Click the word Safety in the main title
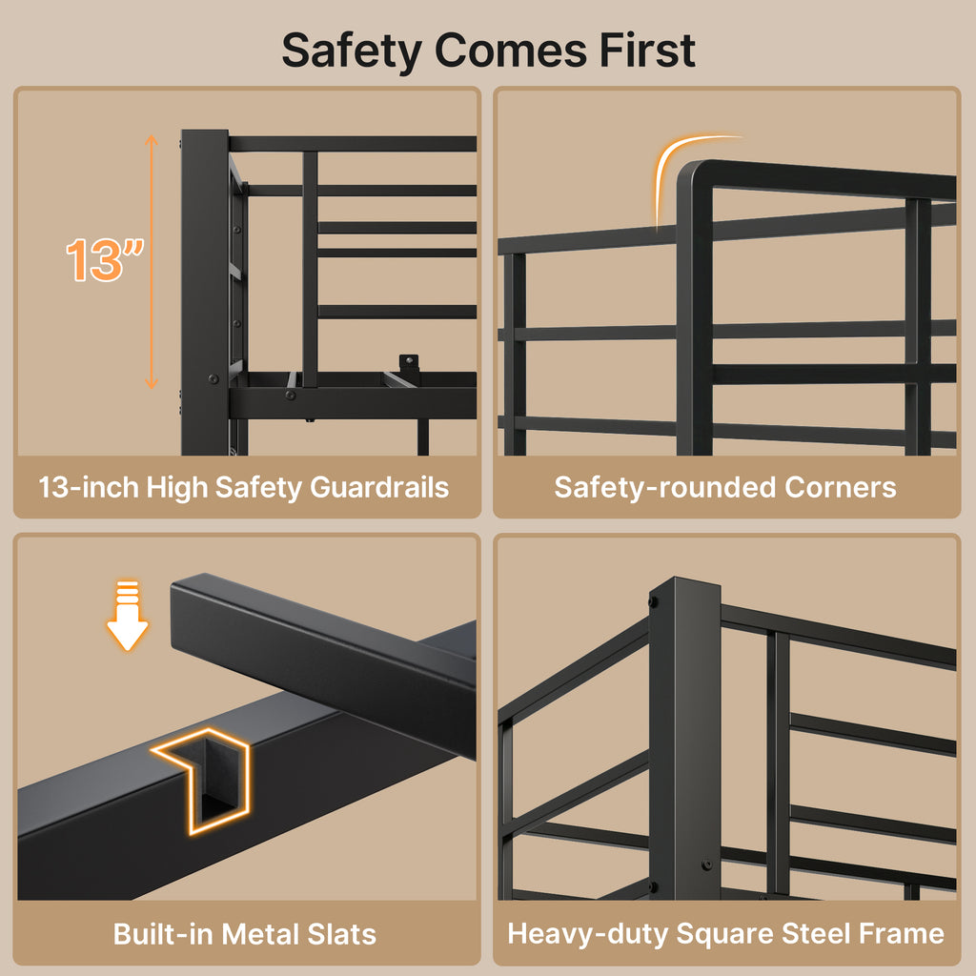coord(352,52)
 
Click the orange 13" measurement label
coord(105,259)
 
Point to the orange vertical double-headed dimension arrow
coord(152,261)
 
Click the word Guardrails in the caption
coord(379,487)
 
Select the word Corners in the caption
coord(841,487)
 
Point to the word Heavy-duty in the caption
coord(587,934)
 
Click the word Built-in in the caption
coord(163,934)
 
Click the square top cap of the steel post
coord(684,586)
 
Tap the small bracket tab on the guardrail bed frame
coord(409,363)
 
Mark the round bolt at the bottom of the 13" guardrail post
coord(213,378)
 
